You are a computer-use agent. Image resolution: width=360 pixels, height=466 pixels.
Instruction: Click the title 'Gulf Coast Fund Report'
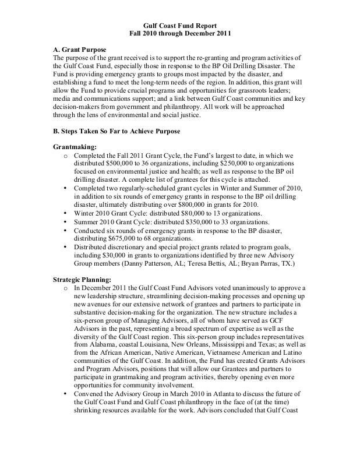click(179, 26)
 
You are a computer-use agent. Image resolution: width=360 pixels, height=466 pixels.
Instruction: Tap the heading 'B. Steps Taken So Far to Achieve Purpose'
click(116, 132)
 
